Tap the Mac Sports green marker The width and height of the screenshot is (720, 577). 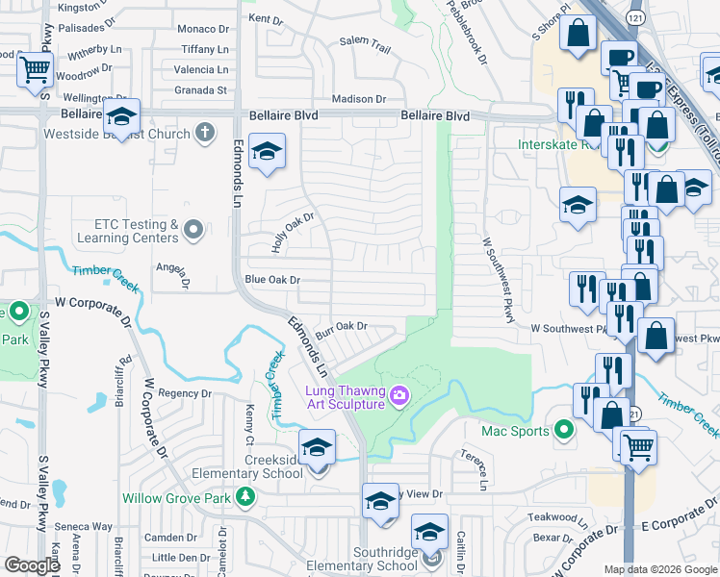[565, 430]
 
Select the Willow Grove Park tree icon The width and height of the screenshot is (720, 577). [246, 497]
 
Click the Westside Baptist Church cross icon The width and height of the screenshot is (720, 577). [204, 133]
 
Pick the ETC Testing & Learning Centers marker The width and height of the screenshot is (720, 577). [193, 230]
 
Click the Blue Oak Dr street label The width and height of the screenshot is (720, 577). [272, 280]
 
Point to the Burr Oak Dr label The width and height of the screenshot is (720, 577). [348, 326]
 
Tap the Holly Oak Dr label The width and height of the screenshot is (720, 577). [293, 233]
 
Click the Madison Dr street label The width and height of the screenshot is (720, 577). [358, 99]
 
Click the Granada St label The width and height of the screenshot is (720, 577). [200, 90]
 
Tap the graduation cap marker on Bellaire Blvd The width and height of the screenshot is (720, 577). [121, 116]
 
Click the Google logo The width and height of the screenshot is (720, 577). [33, 565]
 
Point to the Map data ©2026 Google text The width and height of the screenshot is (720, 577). [659, 569]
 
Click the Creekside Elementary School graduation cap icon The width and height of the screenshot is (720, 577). [317, 449]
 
